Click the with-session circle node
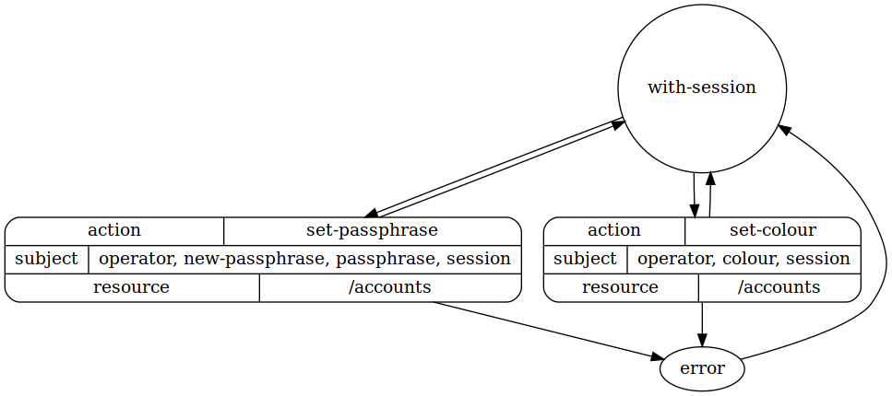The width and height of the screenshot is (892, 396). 701,88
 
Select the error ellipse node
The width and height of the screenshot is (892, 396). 702,369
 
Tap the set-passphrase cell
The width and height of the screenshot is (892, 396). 372,230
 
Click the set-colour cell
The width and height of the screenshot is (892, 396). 772,230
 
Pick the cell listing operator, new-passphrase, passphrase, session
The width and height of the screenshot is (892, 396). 304,259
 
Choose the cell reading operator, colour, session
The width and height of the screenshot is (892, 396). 743,259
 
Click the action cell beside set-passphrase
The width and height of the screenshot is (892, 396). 114,230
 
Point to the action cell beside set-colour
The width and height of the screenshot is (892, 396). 614,230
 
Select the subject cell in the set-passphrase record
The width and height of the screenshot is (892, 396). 46,259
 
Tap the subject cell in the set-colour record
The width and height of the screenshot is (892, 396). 585,259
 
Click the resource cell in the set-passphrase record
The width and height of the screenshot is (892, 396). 131,287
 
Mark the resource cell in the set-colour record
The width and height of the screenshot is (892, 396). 620,287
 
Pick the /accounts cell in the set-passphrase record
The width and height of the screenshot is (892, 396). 389,287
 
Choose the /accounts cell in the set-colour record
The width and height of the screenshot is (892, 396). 779,287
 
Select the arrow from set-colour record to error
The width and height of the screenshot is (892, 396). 703,322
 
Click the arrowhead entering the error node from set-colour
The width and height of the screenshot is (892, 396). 703,340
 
